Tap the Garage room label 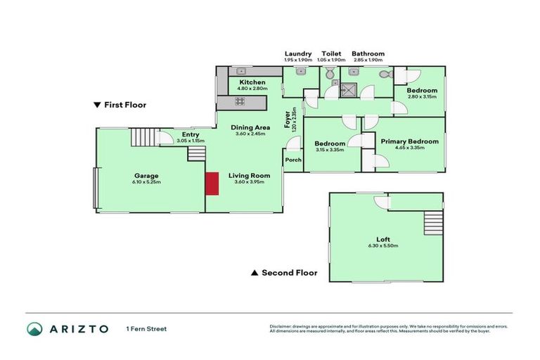pyautogui.click(x=147, y=176)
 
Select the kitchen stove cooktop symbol pyautogui.click(x=240, y=101)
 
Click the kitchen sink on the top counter pyautogui.click(x=240, y=71)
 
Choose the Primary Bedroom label pyautogui.click(x=409, y=141)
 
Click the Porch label pyautogui.click(x=293, y=160)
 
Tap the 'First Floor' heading pyautogui.click(x=120, y=105)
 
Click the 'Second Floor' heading pyautogui.click(x=284, y=273)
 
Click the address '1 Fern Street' pyautogui.click(x=146, y=329)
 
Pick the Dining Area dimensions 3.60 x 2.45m pyautogui.click(x=251, y=134)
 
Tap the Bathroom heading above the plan pyautogui.click(x=368, y=53)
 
